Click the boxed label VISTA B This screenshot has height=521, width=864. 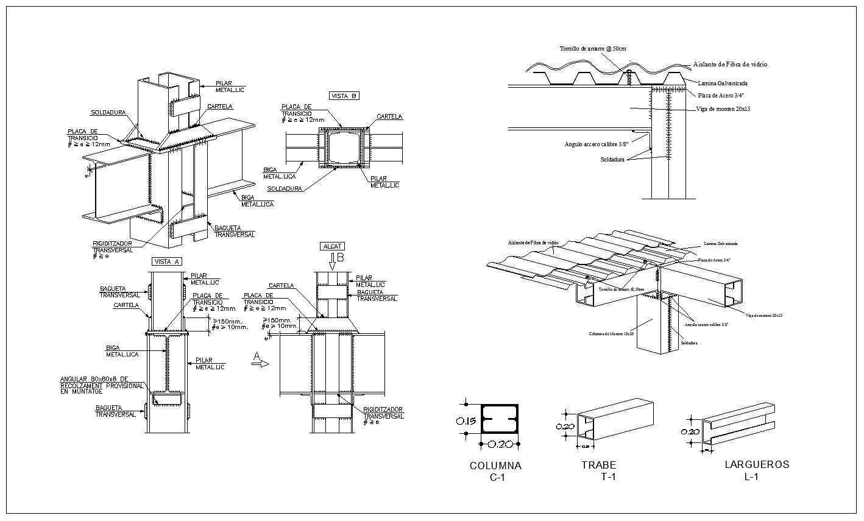pyautogui.click(x=344, y=96)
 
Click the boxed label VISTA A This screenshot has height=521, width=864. pyautogui.click(x=166, y=261)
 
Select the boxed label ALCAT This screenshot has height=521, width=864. pyautogui.click(x=332, y=246)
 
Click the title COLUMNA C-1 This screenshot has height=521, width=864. pyautogui.click(x=495, y=471)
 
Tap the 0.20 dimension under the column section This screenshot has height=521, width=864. pyautogui.click(x=499, y=444)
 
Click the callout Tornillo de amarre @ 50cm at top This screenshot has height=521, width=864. pyautogui.click(x=593, y=48)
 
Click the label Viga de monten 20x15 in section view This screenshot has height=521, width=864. pyautogui.click(x=723, y=109)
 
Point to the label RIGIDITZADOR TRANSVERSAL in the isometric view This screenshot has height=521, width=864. pyautogui.click(x=113, y=247)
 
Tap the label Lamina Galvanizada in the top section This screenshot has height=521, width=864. pyautogui.click(x=723, y=83)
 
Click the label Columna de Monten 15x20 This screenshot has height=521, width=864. pyautogui.click(x=611, y=333)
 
